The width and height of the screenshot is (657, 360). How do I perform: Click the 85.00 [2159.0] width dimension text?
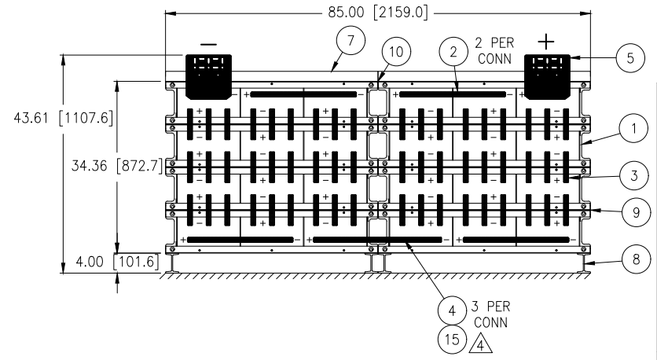[378, 13]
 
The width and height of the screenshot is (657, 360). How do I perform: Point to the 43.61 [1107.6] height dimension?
[64, 118]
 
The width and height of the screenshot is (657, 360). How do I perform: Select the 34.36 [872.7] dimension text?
[117, 166]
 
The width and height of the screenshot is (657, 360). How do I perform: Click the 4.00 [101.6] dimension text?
[117, 262]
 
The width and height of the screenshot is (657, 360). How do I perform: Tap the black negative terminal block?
[209, 77]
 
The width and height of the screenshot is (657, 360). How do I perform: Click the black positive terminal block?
[547, 77]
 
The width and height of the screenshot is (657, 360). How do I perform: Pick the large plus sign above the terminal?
[546, 42]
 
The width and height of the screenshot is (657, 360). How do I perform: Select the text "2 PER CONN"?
[494, 50]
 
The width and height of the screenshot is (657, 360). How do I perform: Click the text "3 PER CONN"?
[490, 314]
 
